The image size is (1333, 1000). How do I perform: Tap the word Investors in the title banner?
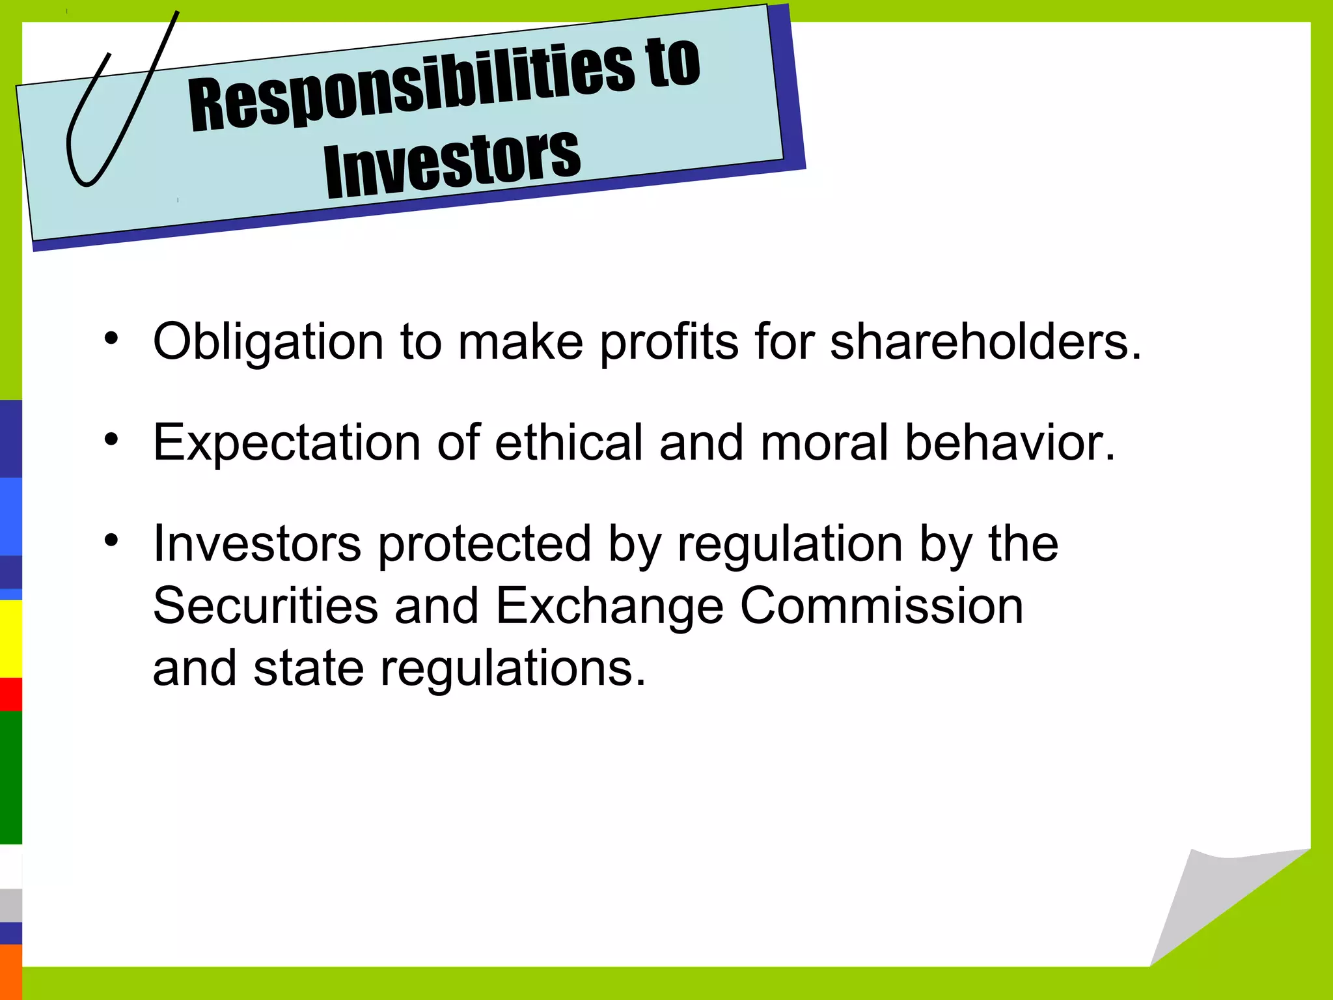[452, 162]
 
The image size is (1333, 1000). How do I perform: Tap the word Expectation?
[286, 443]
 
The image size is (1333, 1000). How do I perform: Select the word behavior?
[1010, 443]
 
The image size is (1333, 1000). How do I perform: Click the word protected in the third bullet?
[484, 544]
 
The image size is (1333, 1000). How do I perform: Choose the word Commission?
[882, 605]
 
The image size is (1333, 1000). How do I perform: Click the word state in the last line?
[309, 668]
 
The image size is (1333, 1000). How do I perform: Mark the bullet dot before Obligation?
[111, 338]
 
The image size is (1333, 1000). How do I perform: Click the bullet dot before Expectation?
[111, 439]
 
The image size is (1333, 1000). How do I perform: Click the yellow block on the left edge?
[10, 638]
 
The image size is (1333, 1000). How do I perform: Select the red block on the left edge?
[10, 694]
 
